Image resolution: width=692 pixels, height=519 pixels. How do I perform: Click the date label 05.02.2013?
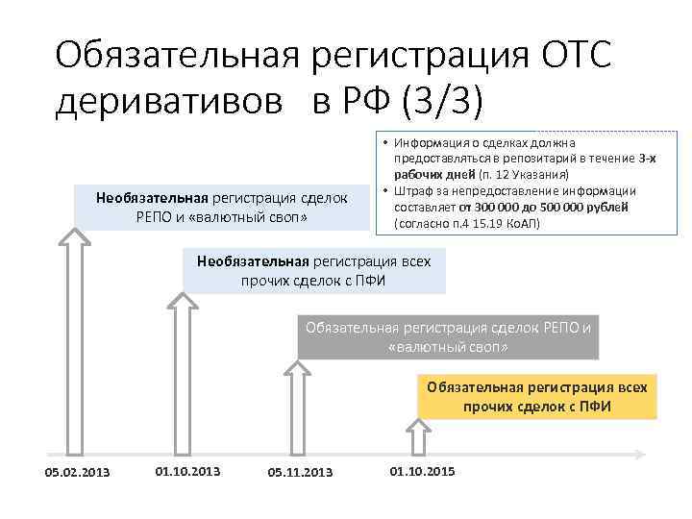(77, 472)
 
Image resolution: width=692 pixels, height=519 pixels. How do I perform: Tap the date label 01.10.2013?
(187, 471)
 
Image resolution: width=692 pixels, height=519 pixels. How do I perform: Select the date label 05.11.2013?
(300, 472)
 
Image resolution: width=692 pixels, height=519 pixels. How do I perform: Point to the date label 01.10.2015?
(422, 471)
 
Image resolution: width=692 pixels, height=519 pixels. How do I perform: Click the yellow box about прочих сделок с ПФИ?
(537, 396)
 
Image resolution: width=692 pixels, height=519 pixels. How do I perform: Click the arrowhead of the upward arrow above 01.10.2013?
(183, 302)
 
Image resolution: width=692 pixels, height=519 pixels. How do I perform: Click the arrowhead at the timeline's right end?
(638, 452)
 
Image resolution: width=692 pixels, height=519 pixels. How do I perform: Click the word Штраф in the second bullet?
(414, 190)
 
